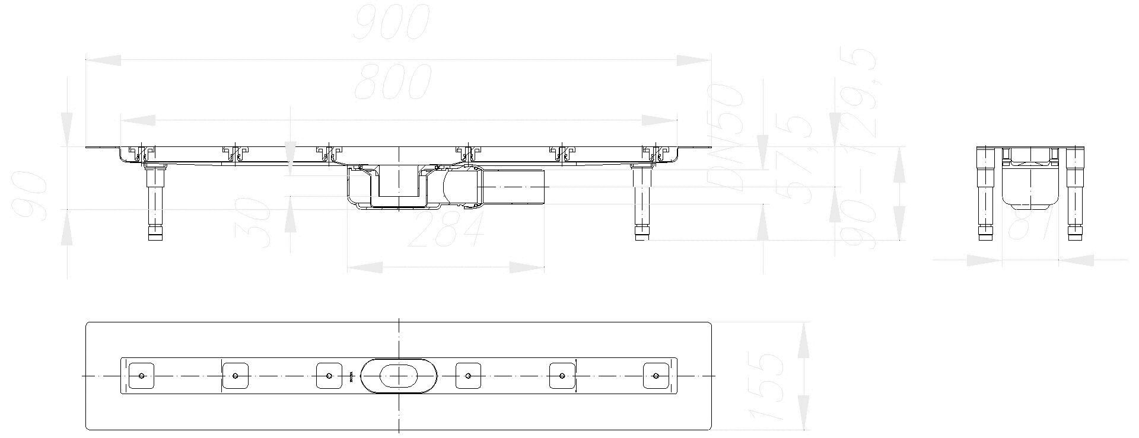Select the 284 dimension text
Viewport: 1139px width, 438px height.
tap(446, 230)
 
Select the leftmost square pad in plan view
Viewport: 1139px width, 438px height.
tap(142, 376)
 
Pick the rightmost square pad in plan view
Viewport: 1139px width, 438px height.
tap(656, 376)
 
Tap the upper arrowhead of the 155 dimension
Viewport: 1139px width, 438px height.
tap(805, 338)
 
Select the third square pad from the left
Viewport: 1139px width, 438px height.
tap(329, 376)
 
